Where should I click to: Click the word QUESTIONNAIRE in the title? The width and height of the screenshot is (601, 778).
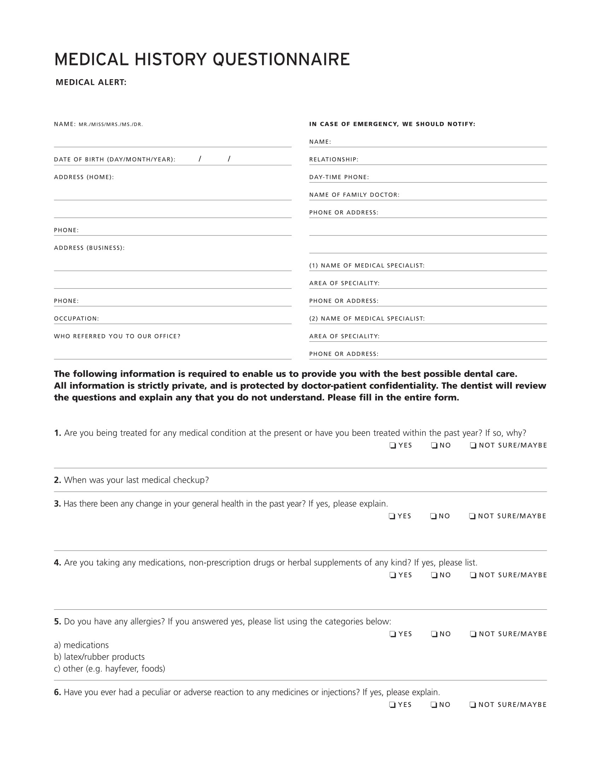[281, 59]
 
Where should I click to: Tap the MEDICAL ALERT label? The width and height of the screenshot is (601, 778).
[91, 82]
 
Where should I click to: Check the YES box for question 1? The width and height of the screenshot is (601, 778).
[393, 445]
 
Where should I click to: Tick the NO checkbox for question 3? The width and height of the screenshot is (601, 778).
[433, 516]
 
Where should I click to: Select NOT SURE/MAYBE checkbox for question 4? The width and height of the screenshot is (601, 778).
[473, 575]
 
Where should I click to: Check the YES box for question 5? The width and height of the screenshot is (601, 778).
[393, 634]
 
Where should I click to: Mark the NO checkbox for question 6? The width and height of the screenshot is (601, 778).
[434, 704]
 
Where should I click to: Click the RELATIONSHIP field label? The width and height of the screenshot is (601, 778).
[333, 159]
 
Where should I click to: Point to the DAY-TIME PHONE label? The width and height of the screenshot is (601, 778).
[339, 177]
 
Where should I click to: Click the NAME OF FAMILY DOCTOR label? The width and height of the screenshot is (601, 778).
[354, 195]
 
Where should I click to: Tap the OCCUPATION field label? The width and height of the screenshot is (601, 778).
[76, 319]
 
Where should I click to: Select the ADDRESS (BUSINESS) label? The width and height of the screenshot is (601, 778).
[89, 248]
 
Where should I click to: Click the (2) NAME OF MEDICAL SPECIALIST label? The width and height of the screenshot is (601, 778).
[367, 319]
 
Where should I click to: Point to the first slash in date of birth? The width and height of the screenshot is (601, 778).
[200, 159]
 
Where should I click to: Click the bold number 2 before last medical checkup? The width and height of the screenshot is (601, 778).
[57, 480]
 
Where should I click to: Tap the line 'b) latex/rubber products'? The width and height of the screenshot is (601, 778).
[99, 657]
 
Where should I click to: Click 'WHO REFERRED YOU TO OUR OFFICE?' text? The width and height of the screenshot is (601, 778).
[117, 336]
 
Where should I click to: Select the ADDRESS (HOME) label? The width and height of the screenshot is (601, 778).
[84, 177]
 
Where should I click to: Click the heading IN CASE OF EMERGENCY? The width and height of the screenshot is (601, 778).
[392, 124]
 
